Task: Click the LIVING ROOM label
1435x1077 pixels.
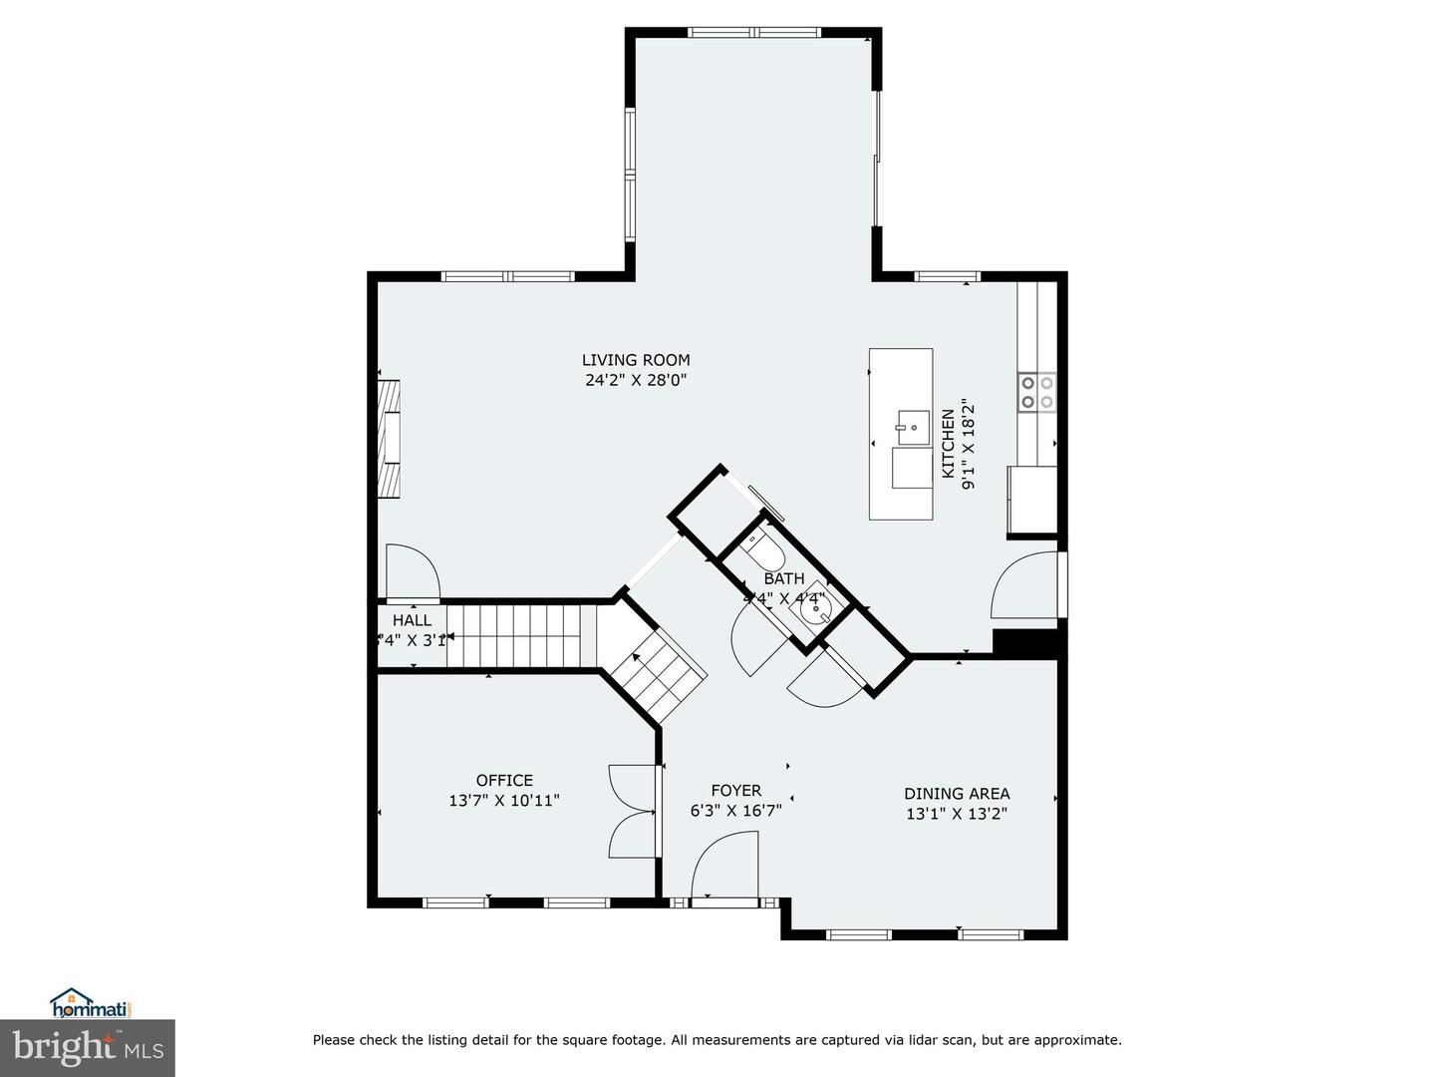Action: (636, 360)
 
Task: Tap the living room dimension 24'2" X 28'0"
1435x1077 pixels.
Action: (636, 380)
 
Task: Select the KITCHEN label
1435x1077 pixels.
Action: (948, 443)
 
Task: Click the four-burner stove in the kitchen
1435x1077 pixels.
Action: (1036, 393)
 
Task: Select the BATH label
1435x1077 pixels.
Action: (784, 578)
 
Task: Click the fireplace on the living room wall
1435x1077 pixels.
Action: (390, 439)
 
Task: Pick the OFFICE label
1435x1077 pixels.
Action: (504, 780)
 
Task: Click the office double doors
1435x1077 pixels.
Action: (633, 811)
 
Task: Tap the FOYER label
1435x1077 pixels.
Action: (735, 790)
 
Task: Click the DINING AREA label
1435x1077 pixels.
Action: (957, 794)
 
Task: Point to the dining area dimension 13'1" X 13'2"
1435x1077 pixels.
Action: (957, 814)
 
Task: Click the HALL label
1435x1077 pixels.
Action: (412, 620)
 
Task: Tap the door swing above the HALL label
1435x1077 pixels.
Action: (410, 572)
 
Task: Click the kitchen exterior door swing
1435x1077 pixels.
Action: (1024, 587)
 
